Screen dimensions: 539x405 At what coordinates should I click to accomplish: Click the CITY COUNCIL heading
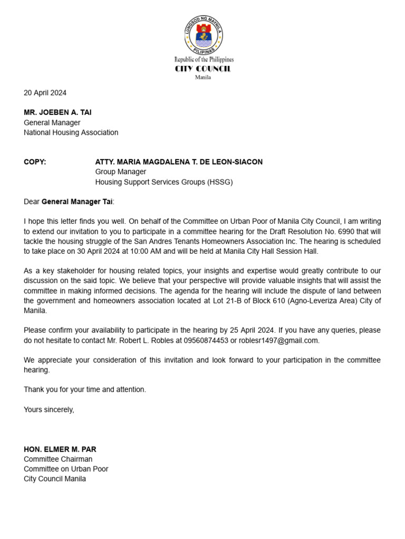(203, 69)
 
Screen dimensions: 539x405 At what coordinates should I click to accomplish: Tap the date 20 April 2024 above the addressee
(45, 93)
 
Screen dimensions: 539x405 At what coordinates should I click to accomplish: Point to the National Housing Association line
(71, 133)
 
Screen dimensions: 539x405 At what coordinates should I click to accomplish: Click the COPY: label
(35, 162)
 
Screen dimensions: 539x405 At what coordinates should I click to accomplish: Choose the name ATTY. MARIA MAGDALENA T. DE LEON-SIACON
(179, 162)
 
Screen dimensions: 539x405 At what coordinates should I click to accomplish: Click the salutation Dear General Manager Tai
(69, 202)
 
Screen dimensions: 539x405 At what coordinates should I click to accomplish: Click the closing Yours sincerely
(49, 410)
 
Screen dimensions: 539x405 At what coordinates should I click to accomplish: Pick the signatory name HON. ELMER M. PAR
(60, 450)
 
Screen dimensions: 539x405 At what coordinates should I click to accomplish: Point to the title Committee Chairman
(58, 459)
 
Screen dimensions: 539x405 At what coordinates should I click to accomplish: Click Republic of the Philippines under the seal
(204, 59)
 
